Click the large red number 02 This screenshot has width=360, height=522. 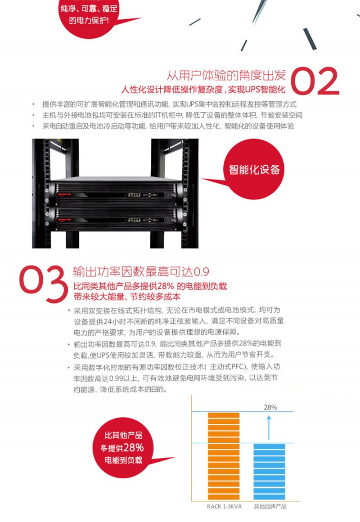(x=315, y=81)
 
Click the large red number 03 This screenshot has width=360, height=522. (x=43, y=283)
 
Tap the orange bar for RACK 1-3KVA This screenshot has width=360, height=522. (x=224, y=456)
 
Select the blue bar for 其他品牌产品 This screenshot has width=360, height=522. (x=269, y=472)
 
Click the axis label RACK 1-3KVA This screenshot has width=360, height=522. (x=224, y=506)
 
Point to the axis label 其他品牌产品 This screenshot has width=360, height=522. (x=270, y=506)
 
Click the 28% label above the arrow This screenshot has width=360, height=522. (x=270, y=407)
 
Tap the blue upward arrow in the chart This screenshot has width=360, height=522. (x=269, y=428)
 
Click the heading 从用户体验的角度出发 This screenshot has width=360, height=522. (x=226, y=76)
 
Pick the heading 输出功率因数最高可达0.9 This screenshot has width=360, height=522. (x=141, y=272)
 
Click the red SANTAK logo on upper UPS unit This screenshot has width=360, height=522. (x=64, y=194)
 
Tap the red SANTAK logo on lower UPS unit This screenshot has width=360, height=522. (x=64, y=220)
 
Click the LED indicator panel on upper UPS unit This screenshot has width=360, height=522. (x=134, y=195)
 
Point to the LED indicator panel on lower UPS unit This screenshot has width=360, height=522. (x=134, y=220)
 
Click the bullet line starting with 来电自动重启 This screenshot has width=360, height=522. (x=168, y=126)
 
